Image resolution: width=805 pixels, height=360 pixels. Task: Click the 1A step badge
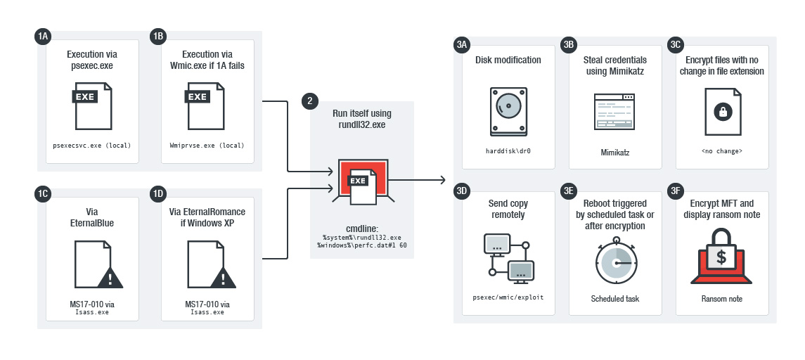42,36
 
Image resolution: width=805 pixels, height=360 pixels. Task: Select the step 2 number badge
309,101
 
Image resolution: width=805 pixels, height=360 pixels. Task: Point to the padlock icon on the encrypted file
723,111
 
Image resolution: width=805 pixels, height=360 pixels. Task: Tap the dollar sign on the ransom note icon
721,257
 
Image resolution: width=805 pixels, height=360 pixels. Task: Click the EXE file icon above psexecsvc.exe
92,105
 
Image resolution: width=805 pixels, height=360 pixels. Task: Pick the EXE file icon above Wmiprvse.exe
205,105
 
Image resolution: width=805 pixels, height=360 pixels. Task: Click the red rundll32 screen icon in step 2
363,180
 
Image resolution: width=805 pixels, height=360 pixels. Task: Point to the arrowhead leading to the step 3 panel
442,180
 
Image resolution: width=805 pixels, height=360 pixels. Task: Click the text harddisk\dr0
508,151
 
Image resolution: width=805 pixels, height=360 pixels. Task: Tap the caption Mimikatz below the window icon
615,153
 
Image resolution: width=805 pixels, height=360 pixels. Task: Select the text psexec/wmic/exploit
508,297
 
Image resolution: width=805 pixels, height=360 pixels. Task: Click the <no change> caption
722,151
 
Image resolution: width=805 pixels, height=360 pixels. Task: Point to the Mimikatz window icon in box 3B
614,111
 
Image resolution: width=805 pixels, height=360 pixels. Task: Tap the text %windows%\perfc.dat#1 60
362,245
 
